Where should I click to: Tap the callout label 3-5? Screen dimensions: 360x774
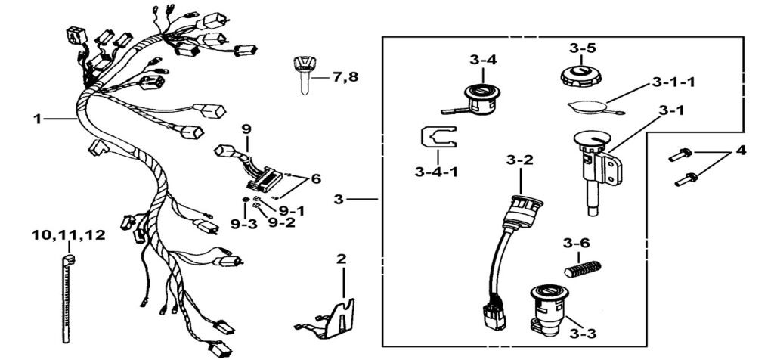tap(583, 48)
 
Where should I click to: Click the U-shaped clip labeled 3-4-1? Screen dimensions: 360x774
tap(438, 138)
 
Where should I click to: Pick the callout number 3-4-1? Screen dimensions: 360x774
tap(436, 172)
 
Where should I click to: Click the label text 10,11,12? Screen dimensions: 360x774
tap(69, 235)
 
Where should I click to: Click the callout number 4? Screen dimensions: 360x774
tap(741, 151)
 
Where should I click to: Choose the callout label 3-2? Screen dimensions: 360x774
tap(520, 160)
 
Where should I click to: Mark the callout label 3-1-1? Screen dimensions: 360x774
tap(674, 82)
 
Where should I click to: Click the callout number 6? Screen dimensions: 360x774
tap(316, 178)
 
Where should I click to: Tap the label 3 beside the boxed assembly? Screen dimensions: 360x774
tap(339, 199)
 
